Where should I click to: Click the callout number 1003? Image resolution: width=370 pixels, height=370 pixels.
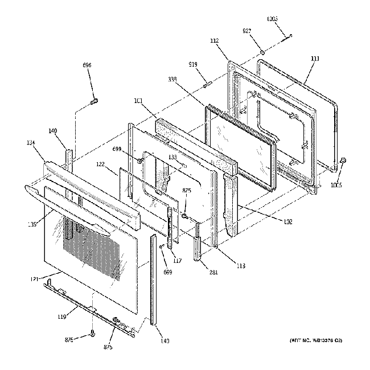[273, 19]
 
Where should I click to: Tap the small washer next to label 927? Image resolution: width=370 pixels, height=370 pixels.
[262, 53]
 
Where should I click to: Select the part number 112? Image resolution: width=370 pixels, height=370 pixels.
[215, 41]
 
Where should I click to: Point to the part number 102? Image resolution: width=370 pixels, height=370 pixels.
[287, 221]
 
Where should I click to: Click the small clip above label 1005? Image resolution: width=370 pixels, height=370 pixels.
[343, 162]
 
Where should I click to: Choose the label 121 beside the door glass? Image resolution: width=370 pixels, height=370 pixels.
[35, 279]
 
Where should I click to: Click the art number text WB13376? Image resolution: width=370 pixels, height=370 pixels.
[322, 340]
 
